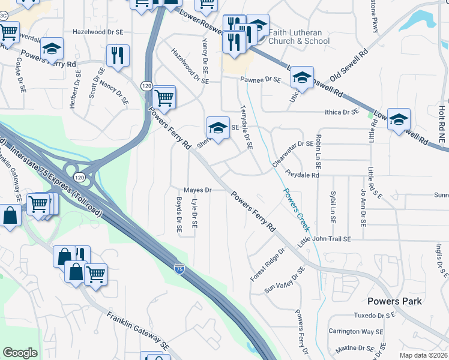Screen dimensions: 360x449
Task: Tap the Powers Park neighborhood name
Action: [396, 301]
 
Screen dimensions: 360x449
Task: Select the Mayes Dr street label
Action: [198, 190]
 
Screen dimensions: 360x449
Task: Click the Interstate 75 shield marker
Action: [179, 269]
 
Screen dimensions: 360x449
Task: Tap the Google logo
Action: [20, 353]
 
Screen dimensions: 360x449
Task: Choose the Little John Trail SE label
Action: [324, 239]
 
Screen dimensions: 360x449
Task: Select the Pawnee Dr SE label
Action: [261, 79]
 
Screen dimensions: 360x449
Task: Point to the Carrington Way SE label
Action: [355, 332]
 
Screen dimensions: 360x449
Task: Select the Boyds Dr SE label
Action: [179, 214]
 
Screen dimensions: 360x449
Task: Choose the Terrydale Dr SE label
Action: [247, 127]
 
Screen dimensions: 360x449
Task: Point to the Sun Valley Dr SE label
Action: [285, 280]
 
